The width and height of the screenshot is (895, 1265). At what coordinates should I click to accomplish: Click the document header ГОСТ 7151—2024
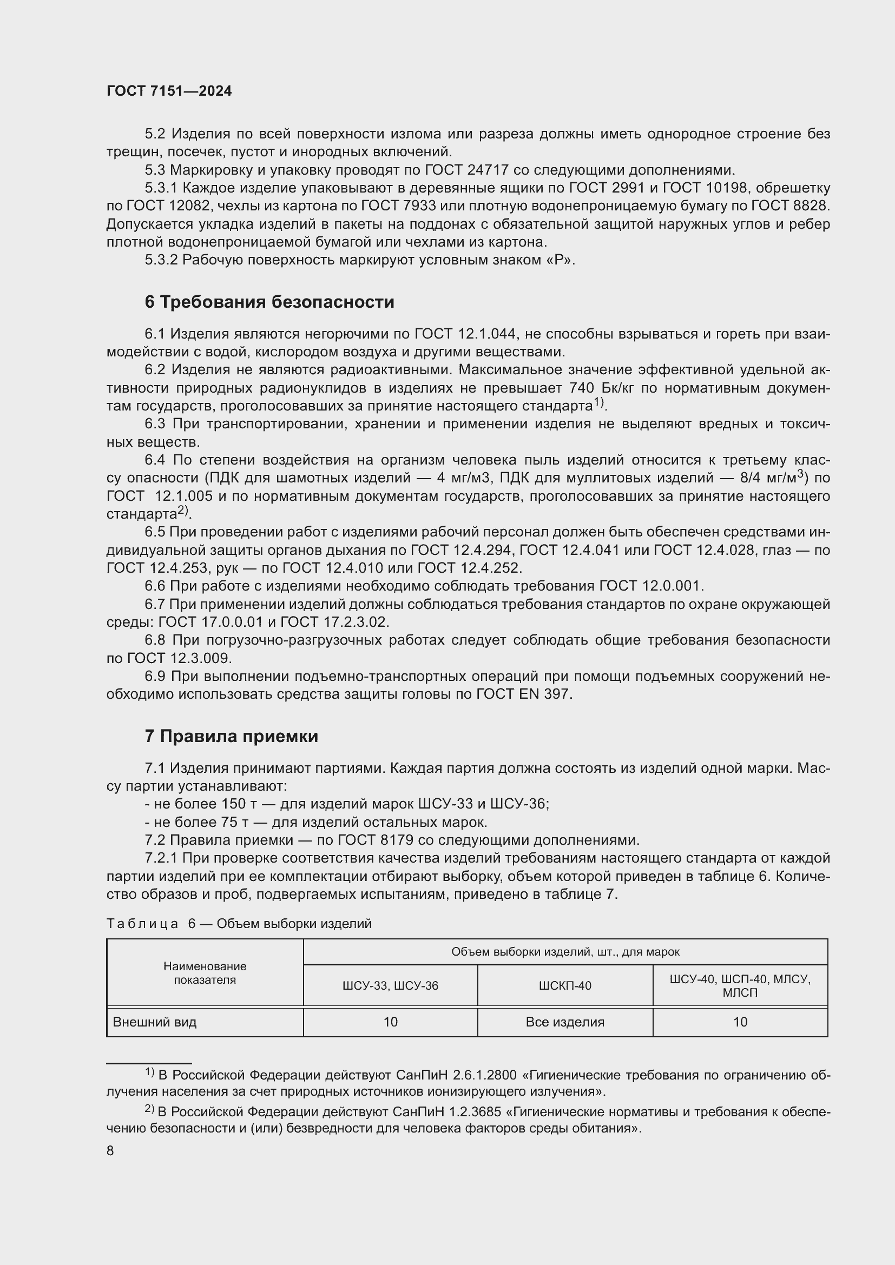[x=169, y=91]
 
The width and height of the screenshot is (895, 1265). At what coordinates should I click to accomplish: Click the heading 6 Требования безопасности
[x=269, y=302]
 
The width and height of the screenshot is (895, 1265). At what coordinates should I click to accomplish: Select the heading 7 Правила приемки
[x=232, y=736]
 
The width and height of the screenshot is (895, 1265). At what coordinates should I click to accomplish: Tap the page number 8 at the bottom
[x=110, y=1151]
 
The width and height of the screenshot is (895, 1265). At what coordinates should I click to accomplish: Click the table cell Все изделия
[x=565, y=1022]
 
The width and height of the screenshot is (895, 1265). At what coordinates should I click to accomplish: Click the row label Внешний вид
[x=155, y=1022]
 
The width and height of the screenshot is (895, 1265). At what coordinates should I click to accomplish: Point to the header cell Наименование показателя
[x=205, y=973]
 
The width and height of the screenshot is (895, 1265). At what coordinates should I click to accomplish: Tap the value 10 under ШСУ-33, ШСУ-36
[x=390, y=1022]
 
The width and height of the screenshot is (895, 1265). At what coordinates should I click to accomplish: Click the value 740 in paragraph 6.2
[x=582, y=388]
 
